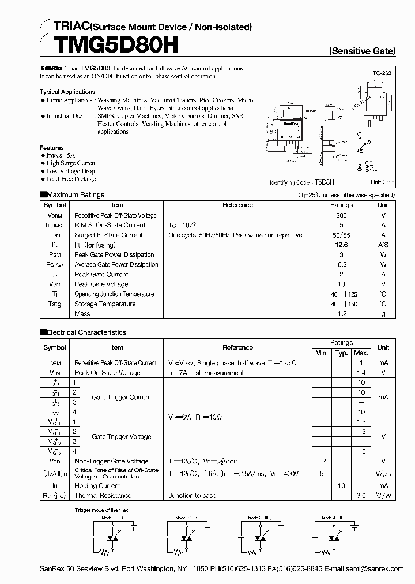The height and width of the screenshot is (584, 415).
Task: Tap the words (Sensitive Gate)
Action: (362, 51)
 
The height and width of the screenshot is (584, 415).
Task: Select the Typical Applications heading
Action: (67, 92)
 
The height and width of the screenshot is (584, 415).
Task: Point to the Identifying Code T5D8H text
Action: (307, 182)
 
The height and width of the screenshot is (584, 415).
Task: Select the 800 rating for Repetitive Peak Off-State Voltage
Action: (341, 215)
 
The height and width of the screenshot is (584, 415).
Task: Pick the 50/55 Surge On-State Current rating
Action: (341, 235)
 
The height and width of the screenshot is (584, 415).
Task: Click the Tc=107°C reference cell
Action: (183, 225)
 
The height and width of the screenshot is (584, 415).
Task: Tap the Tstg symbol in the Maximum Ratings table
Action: (55, 304)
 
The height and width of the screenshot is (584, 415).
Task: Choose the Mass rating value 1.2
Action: (341, 314)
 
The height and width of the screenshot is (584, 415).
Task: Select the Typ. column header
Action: (341, 353)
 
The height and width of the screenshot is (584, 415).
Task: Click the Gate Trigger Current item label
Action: (122, 397)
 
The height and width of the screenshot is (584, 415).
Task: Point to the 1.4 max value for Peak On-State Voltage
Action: (361, 373)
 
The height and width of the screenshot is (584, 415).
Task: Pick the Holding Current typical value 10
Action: (341, 486)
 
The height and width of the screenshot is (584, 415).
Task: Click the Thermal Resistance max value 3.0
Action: (361, 496)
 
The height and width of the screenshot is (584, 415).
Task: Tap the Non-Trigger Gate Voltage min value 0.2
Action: (321, 461)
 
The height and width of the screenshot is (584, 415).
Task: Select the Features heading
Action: (52, 148)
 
